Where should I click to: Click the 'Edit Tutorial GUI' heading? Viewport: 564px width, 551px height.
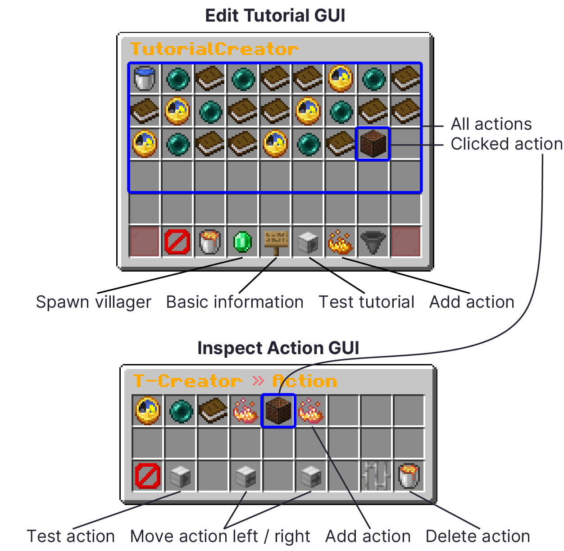pos(275,16)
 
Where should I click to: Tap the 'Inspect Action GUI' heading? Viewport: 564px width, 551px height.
pos(278,348)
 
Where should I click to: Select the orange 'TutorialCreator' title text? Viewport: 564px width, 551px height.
pos(214,49)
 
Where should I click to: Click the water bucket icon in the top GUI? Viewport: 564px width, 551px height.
pos(145,78)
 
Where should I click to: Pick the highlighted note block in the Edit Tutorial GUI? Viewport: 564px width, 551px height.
pos(373,144)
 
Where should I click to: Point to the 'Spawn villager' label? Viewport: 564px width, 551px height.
pos(93,302)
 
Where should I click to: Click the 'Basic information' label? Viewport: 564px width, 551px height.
pos(235,302)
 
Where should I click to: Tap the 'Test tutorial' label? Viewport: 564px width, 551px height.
pos(366,302)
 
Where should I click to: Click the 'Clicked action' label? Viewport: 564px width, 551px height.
pos(506,144)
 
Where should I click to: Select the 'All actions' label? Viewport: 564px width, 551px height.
pos(491,124)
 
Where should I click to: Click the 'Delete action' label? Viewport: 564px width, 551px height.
pos(478,536)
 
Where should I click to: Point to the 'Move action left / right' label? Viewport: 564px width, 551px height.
pos(220,536)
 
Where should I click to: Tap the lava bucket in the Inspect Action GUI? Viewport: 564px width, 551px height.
pos(409,476)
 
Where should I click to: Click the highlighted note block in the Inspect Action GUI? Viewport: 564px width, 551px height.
pos(278,410)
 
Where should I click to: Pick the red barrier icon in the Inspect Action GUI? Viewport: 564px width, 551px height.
pos(148,476)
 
